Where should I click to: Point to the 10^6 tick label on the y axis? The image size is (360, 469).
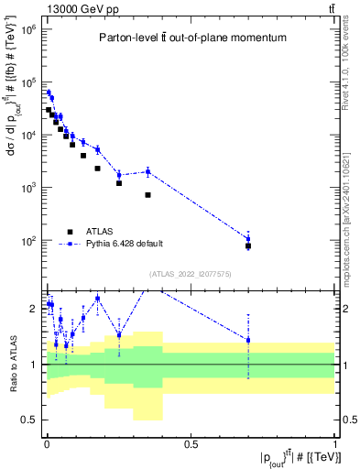point(27,29)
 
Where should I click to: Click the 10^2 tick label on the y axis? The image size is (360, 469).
point(27,241)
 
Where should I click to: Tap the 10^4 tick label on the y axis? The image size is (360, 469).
point(27,136)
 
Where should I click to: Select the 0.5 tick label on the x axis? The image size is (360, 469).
point(191,446)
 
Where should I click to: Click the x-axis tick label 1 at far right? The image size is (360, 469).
point(334,446)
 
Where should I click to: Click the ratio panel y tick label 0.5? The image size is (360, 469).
point(29,420)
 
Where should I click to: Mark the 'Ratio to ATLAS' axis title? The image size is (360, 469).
point(11,364)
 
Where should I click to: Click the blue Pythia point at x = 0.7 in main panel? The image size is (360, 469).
point(248,239)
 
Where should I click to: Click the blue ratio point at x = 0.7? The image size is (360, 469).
point(248,340)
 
